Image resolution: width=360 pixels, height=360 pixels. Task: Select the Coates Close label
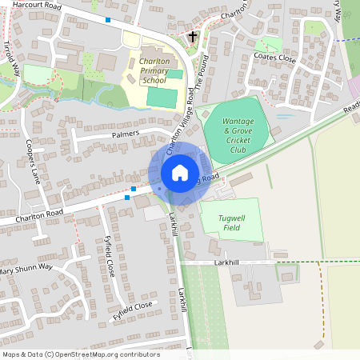pyautogui.click(x=274, y=57)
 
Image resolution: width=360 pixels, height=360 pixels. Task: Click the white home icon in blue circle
pyautogui.click(x=180, y=173)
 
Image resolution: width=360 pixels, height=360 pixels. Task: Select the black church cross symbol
pyautogui.click(x=192, y=37)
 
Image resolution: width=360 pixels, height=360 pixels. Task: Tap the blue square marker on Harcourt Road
pyautogui.click(x=108, y=18)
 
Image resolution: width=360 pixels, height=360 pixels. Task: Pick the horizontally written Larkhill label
pyautogui.click(x=230, y=262)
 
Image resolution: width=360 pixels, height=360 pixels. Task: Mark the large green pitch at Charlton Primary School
pyautogui.click(x=161, y=98)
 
